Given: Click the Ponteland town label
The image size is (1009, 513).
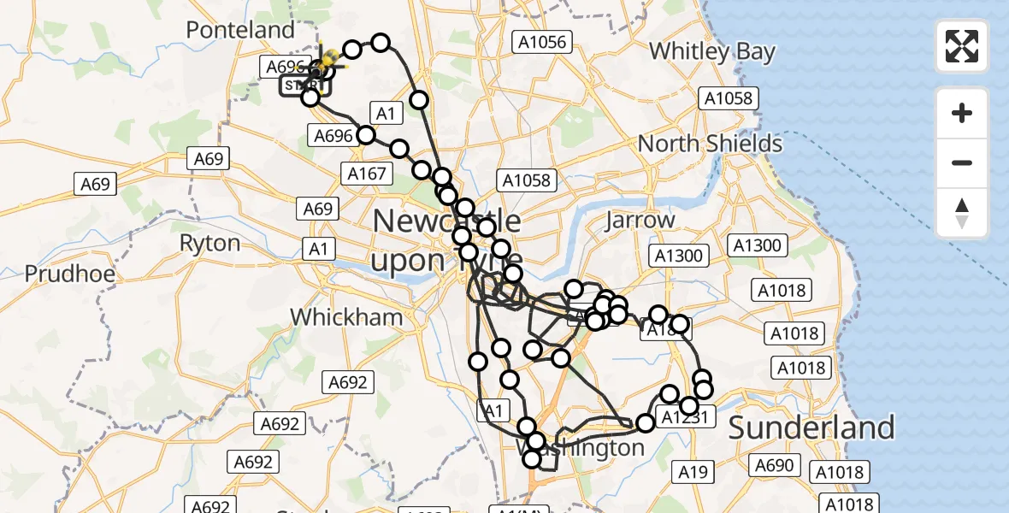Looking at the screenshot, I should coord(240,30).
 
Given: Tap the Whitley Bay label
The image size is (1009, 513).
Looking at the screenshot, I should coord(711,51).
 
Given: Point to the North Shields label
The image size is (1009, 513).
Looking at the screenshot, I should coord(710,144).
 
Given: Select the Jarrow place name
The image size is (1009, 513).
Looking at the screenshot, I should coord(640,221).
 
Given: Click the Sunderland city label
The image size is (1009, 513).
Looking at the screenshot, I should coord(811,427).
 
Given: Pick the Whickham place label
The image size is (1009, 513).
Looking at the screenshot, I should coord(345,317).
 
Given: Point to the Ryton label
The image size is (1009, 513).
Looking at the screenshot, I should coord(209,244).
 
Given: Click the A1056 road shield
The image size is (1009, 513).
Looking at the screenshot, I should coord(540,41).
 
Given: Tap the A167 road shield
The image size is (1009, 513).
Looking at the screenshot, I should coord(368,174).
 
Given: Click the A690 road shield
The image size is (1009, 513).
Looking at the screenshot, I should coord(775,465).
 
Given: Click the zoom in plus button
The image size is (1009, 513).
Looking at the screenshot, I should coord(962,113).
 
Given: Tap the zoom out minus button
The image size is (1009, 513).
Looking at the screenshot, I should coord(962,162).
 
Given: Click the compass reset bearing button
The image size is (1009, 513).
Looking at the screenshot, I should coord(962,212).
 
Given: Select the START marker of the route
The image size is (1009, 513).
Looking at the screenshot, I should coord(304,85).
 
